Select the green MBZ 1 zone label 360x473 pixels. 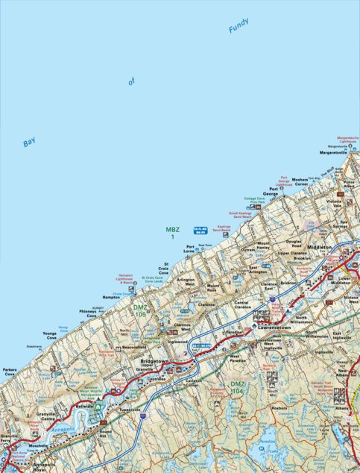tap(172, 233)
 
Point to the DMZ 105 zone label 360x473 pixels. tap(140, 310)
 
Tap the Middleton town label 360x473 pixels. tap(318, 246)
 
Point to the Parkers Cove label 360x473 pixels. tap(10, 372)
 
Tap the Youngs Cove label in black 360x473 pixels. tap(50, 336)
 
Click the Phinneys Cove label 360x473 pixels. tap(87, 314)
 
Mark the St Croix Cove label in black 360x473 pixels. tap(171, 269)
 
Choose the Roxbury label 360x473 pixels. tap(279, 408)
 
